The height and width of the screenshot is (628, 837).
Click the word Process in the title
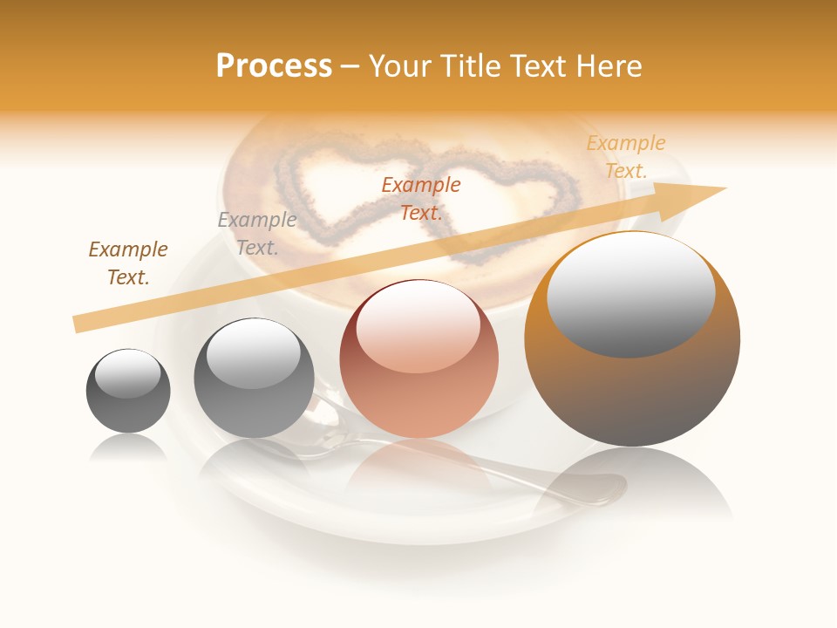(274, 66)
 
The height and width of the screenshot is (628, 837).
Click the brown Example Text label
(128, 263)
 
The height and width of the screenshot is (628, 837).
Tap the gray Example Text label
(257, 234)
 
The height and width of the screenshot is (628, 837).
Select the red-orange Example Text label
(421, 198)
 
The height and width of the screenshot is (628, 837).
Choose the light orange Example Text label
(626, 157)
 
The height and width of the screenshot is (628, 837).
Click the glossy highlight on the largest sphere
(631, 292)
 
